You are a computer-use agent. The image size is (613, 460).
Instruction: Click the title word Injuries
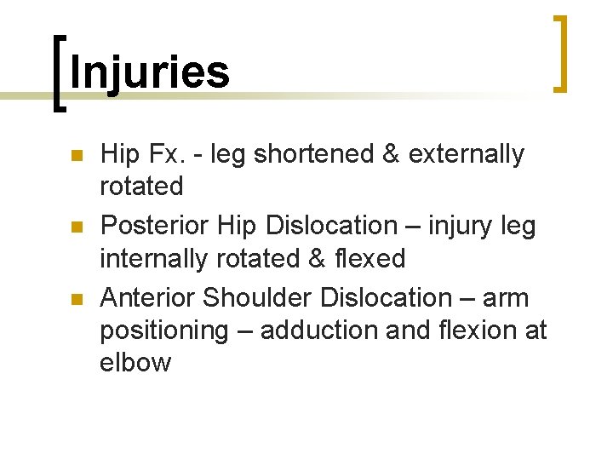(150, 73)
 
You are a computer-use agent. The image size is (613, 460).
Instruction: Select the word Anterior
(148, 297)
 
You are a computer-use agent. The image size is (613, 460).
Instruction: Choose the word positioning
(164, 331)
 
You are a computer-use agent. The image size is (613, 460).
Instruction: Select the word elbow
(135, 362)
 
